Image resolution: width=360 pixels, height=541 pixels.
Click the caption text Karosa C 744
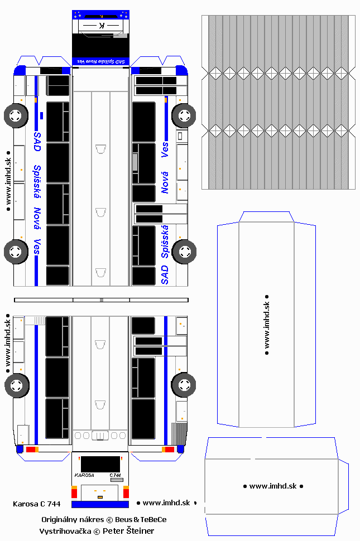(x=36, y=504)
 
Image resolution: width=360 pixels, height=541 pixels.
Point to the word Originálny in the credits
(x=60, y=519)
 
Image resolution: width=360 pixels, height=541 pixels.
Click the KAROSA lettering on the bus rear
(x=84, y=475)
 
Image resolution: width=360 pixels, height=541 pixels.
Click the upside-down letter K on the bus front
(x=101, y=26)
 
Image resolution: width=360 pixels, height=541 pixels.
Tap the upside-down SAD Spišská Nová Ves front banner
(x=100, y=61)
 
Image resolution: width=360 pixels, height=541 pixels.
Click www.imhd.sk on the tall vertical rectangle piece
(x=267, y=325)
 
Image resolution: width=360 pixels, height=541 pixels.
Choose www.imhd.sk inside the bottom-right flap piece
(x=272, y=486)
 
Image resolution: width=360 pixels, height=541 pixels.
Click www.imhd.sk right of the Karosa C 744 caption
(x=167, y=503)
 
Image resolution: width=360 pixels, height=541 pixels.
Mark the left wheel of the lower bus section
(x=17, y=385)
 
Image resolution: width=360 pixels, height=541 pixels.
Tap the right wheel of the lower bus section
(x=184, y=384)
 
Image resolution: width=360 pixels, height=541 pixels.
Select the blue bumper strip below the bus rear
(x=100, y=504)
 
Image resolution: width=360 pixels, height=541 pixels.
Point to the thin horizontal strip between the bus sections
(x=100, y=300)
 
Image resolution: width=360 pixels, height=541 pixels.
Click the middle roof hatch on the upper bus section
(x=100, y=212)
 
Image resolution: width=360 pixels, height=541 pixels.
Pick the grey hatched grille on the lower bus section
(x=179, y=433)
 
